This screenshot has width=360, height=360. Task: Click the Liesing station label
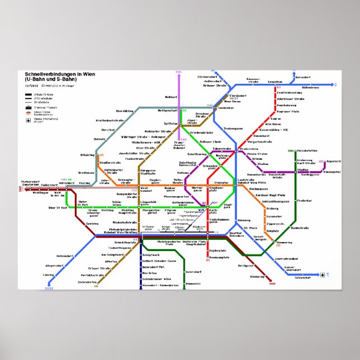pyautogui.click(x=50, y=275)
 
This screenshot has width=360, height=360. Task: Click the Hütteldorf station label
pyautogui.click(x=67, y=183)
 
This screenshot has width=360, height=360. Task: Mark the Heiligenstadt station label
pyautogui.click(x=167, y=111)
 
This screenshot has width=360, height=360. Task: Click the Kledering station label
pyautogui.click(x=258, y=277)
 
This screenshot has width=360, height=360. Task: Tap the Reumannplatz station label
pyautogui.click(x=220, y=258)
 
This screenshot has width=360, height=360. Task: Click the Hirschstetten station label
pyautogui.click(x=307, y=151)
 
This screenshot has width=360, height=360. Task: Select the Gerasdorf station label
pyautogui.click(x=303, y=77)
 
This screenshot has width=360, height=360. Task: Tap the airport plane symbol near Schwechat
pyautogui.click(x=324, y=275)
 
